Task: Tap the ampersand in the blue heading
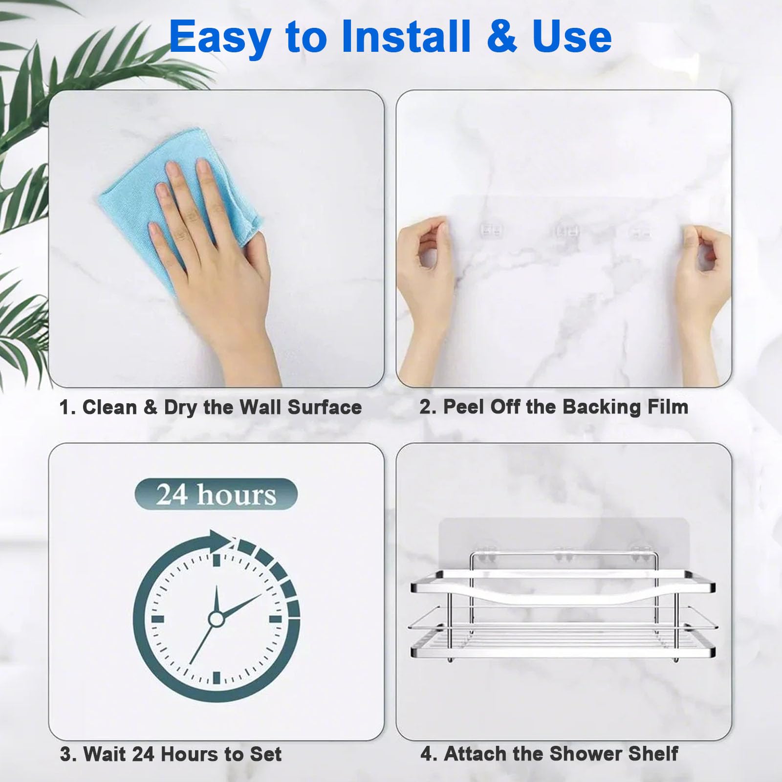[501, 36]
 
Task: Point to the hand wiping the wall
[215, 254]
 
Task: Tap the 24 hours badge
[216, 494]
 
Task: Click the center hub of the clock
[216, 619]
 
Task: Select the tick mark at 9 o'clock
[157, 619]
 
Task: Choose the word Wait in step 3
[105, 754]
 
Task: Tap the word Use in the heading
[572, 36]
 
